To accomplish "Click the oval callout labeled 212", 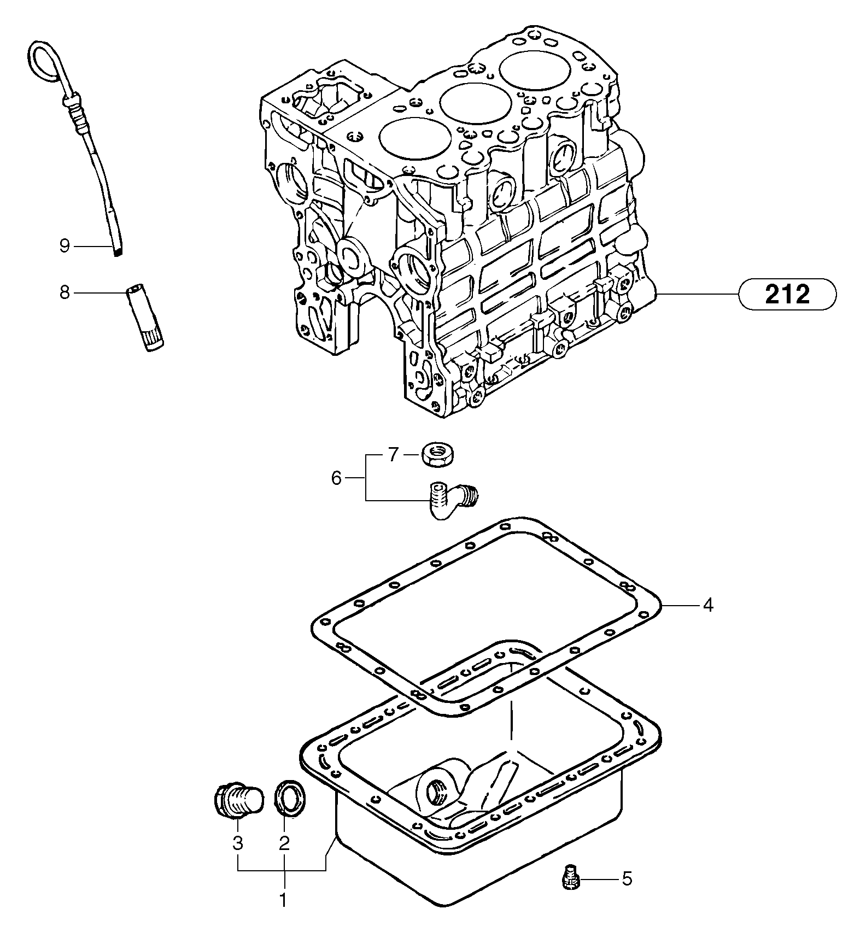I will click(787, 295).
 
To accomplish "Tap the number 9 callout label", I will click(65, 247).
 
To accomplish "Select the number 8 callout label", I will click(65, 293).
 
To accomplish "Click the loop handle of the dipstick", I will click(43, 60).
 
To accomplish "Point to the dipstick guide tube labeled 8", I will click(145, 317).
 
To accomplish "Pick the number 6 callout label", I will click(336, 478).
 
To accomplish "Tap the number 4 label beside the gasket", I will click(708, 605).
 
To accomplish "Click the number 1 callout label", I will click(283, 900).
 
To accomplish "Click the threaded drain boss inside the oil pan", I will click(437, 789).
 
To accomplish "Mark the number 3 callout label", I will click(237, 843).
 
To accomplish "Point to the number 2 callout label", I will click(284, 843).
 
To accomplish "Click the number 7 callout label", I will click(394, 454).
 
